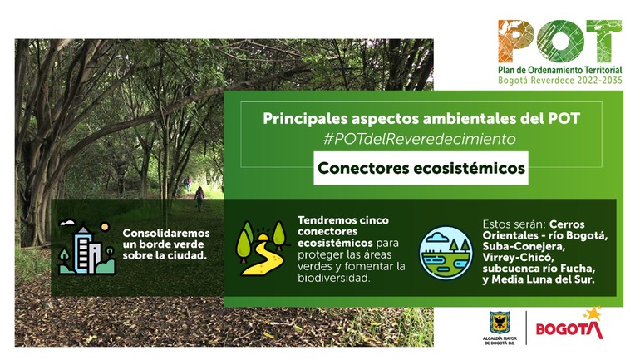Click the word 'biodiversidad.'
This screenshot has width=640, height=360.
pos(333,279)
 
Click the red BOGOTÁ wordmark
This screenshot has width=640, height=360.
pos(569,328)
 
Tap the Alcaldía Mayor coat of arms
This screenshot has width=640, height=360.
pos(500,323)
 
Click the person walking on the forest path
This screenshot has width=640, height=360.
pos(199,198)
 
